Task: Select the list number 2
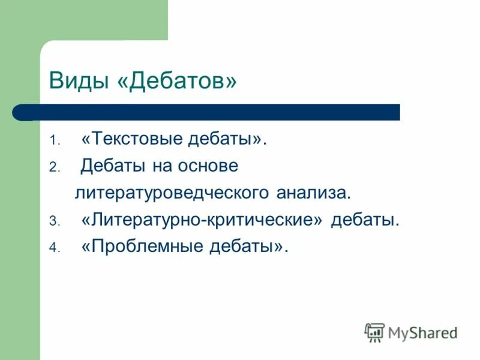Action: [53, 169]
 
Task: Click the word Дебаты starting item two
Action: [110, 166]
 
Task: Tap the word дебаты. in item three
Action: [364, 220]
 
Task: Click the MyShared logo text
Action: [422, 331]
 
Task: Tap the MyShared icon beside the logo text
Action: [374, 331]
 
